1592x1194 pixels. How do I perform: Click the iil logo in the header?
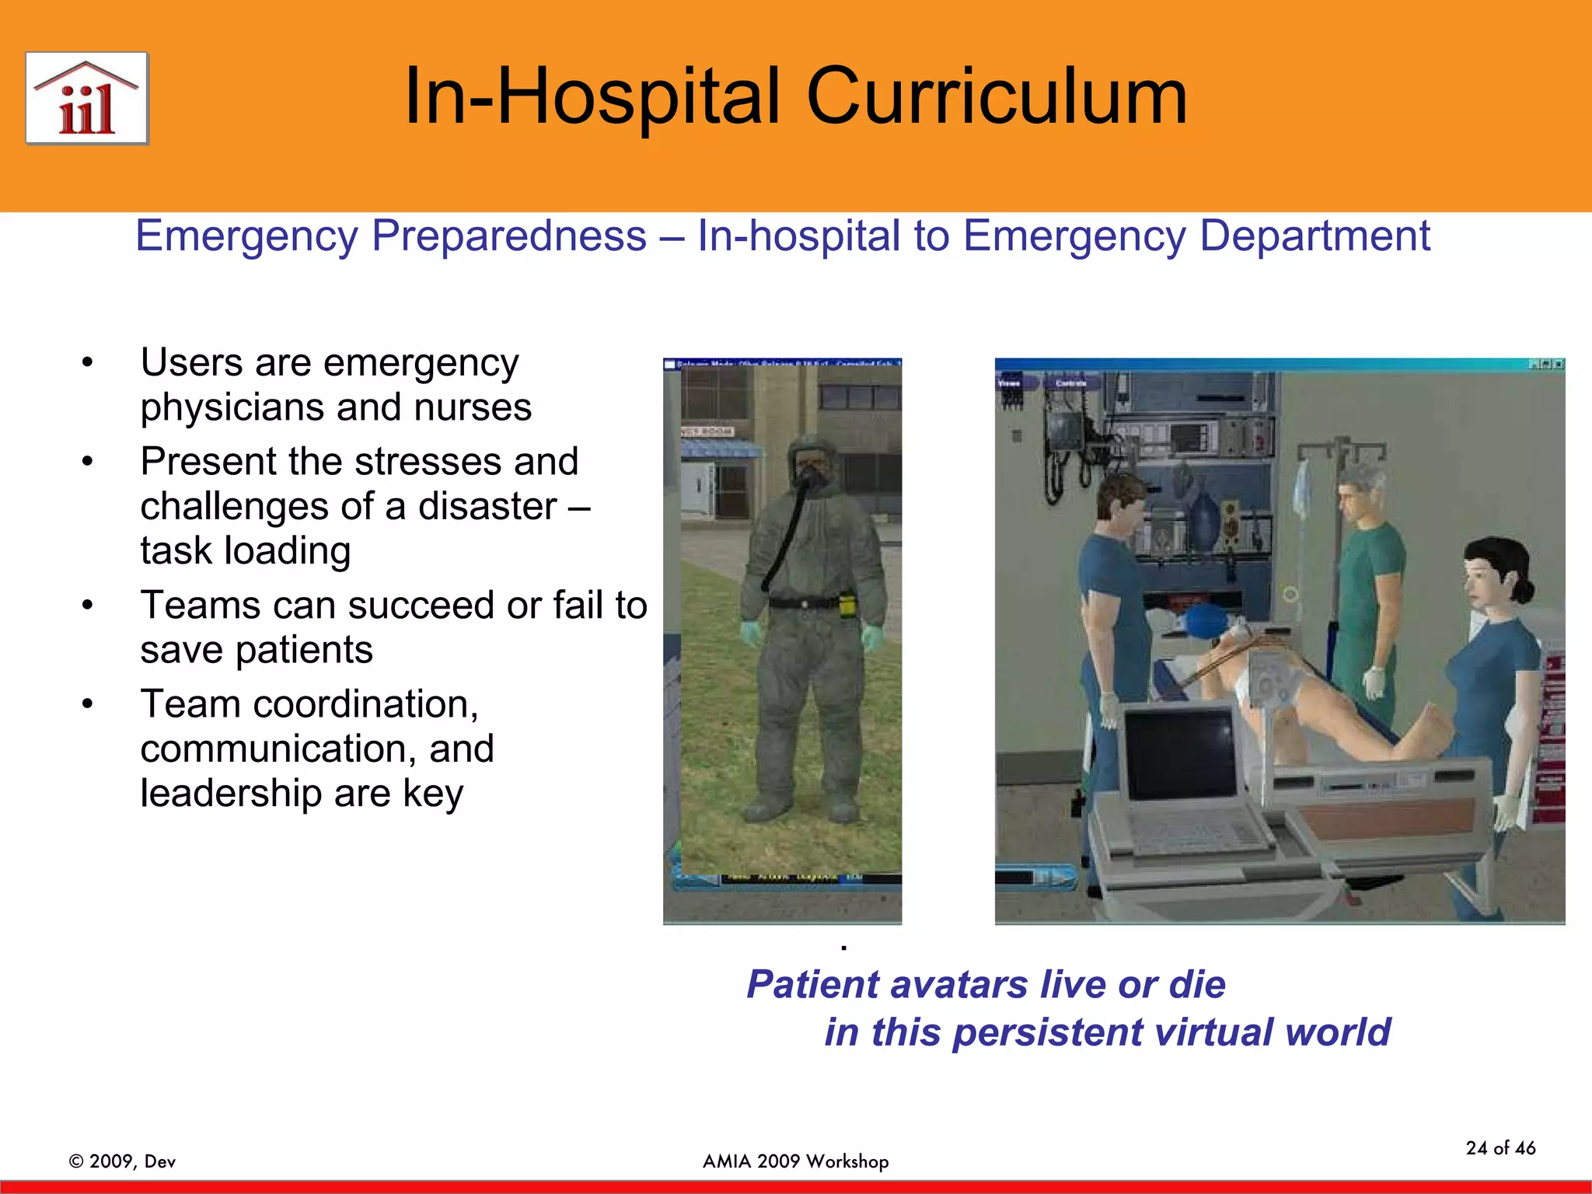[x=86, y=99]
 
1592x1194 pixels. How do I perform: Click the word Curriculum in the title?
[x=997, y=96]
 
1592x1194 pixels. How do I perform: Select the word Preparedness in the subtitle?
[x=509, y=236]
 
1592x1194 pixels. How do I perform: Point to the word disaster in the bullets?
[x=487, y=507]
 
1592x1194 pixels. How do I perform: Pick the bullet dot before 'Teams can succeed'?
[x=88, y=606]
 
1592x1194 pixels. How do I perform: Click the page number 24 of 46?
[x=1500, y=1148]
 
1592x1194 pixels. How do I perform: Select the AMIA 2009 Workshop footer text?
[x=795, y=1161]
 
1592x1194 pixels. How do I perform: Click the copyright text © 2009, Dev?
[x=123, y=1161]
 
